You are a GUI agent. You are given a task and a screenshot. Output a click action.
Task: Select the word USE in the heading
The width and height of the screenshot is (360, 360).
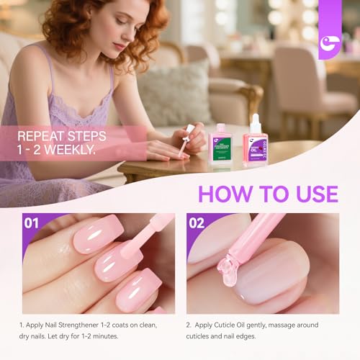coord(311,194)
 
